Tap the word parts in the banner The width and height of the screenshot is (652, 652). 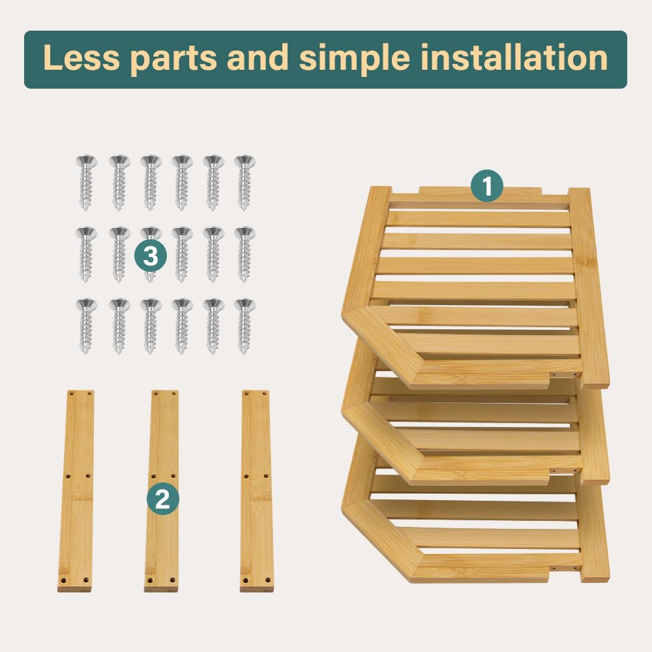tap(173, 59)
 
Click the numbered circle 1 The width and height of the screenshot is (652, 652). tap(487, 185)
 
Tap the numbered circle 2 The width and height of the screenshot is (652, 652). tap(162, 499)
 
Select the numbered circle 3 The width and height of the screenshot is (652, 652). tap(151, 256)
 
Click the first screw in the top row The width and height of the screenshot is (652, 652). tap(86, 183)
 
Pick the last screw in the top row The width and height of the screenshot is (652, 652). tap(244, 183)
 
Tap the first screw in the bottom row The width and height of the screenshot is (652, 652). tap(86, 326)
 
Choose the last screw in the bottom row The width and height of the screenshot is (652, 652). tap(244, 326)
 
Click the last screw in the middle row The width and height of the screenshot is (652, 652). tap(244, 254)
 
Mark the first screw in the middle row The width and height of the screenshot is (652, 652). tap(86, 254)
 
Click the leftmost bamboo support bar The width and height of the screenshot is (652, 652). tap(76, 491)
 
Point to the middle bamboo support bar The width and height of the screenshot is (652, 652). tap(162, 491)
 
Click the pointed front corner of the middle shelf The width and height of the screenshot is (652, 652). tap(343, 410)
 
